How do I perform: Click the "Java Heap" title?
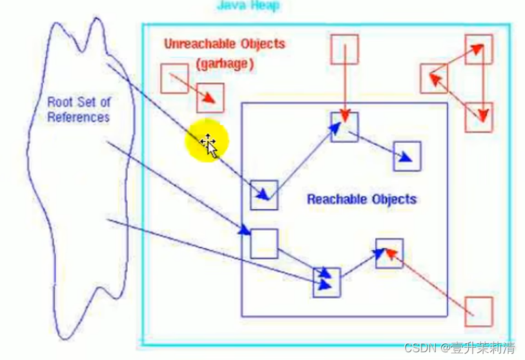coord(249,6)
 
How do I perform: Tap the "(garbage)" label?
coord(225,64)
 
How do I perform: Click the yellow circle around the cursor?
coord(207,143)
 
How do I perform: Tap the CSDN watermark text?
coord(460,348)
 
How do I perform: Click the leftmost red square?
coord(174,77)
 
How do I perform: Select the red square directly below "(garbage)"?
coord(211,98)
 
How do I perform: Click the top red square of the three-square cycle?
coord(479,49)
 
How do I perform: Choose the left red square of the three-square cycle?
coord(434,78)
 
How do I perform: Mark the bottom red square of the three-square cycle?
coord(479,117)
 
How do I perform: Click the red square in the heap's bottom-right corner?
coord(479,311)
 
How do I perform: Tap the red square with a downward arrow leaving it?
coord(344,50)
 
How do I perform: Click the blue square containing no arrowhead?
coord(263,243)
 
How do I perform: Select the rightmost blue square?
coord(407,156)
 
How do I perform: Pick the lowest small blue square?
coord(326,282)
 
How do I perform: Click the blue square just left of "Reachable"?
coord(263,195)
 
